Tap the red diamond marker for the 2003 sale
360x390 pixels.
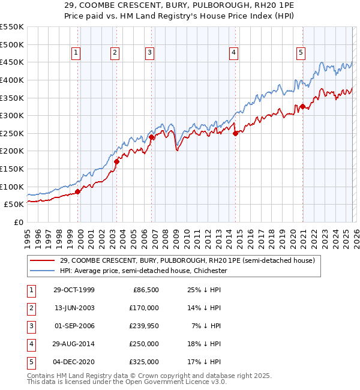point(117,161)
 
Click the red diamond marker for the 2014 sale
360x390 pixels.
point(235,133)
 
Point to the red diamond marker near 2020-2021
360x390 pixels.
point(303,107)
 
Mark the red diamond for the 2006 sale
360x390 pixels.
point(151,137)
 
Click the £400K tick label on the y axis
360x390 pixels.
point(12,80)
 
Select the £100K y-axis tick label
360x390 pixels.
point(12,187)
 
